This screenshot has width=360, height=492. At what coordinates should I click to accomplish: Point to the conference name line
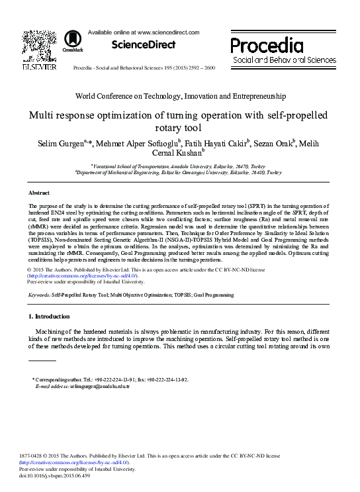point(180,96)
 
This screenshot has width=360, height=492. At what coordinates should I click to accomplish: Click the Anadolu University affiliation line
point(179,166)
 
